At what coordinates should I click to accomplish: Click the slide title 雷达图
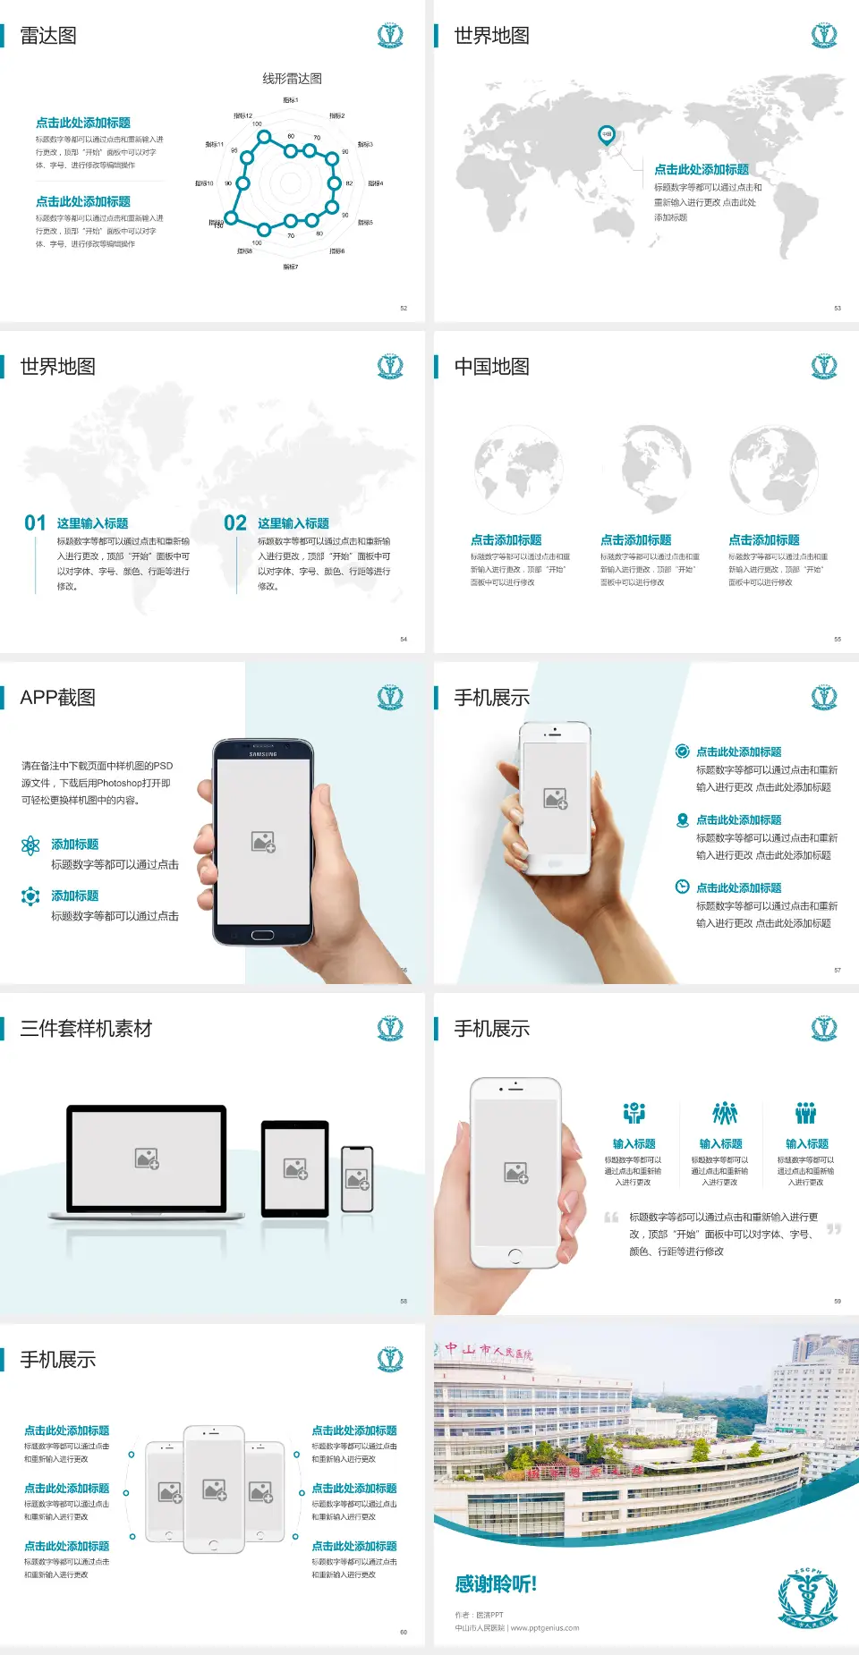coord(48,36)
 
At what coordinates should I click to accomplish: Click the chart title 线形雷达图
coord(292,79)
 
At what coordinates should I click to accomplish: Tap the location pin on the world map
coord(606,135)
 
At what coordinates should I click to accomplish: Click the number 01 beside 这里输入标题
coord(35,523)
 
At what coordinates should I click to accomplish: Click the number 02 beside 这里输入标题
coord(235,523)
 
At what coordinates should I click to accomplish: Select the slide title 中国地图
coord(491,367)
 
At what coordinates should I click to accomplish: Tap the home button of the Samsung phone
coord(262,935)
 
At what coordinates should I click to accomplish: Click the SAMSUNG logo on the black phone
coord(262,754)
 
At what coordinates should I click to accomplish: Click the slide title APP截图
coord(57,698)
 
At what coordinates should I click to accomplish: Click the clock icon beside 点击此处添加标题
coord(682,887)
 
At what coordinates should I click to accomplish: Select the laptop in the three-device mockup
coord(148,1163)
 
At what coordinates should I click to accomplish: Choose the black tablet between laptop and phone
coord(295,1168)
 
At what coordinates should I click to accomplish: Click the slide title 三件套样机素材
coord(86,1029)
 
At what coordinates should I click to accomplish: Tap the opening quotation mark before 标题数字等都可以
coord(611,1218)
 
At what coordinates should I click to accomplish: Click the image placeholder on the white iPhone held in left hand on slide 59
coord(515,1172)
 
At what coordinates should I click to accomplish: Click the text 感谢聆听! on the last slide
coord(496,1584)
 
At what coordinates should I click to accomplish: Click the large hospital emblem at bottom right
coord(807,1598)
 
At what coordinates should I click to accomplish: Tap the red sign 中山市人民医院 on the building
coord(489,1351)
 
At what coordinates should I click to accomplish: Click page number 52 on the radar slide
coord(404,309)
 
